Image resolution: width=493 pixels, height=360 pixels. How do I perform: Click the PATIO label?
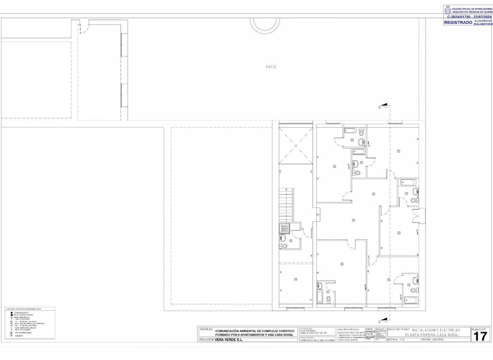(x=271, y=67)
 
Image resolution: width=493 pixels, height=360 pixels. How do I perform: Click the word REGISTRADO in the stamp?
(x=458, y=22)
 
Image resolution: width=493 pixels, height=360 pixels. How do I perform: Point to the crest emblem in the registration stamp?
(x=447, y=9)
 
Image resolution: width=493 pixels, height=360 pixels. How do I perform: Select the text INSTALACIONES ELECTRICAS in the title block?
(x=435, y=330)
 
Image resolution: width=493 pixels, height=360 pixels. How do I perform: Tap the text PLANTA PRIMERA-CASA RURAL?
(x=435, y=335)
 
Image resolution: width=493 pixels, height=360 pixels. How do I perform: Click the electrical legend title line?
(x=23, y=309)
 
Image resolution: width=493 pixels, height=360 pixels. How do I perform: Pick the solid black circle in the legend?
(x=10, y=313)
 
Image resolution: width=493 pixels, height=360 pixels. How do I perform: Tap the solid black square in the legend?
(x=10, y=315)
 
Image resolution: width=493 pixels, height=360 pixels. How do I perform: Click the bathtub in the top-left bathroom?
(x=351, y=131)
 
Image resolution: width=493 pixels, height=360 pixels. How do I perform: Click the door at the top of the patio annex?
(x=84, y=27)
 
